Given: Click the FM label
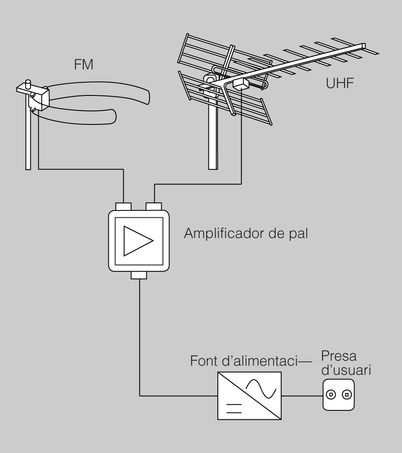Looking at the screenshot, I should point(83,65).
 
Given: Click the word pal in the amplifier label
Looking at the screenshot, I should point(298,235).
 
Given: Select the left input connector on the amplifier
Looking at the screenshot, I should point(124,207).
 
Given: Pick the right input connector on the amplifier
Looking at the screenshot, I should point(154,207).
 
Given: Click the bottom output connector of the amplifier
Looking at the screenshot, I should point(139,275).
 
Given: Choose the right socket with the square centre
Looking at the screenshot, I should point(347,395).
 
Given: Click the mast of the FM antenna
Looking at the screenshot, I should point(28,141).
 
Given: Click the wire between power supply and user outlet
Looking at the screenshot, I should point(302,395).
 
